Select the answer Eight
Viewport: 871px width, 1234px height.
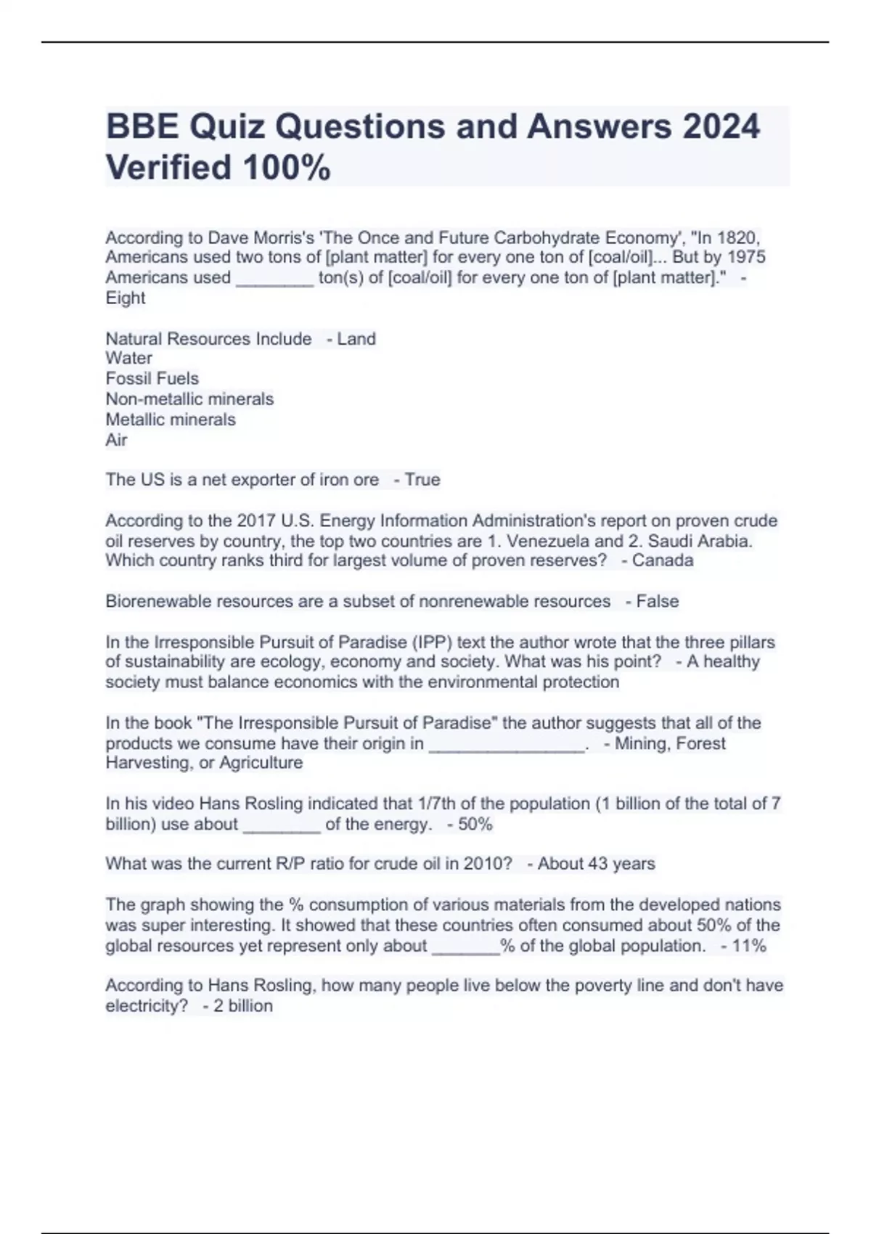126,298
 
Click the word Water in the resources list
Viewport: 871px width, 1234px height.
129,359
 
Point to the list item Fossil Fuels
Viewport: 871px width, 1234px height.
152,379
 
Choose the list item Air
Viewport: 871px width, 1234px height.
117,440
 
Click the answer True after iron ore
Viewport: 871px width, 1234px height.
422,480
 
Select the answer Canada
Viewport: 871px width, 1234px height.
663,560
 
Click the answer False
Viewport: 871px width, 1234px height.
658,602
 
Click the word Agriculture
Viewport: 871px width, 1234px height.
261,763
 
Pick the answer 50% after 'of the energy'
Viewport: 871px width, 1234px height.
475,825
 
